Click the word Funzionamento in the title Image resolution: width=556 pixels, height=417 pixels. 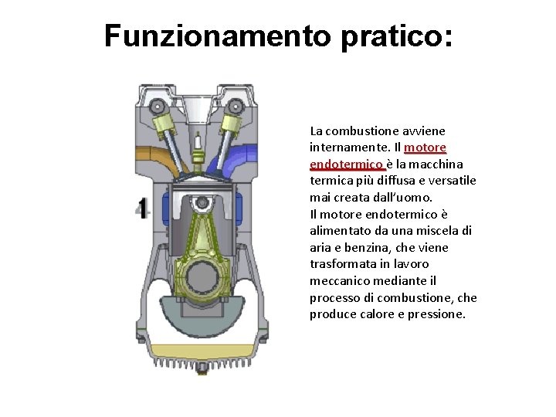(217, 36)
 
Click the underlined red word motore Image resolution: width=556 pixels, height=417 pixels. (425, 147)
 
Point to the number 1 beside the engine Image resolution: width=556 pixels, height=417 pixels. (143, 208)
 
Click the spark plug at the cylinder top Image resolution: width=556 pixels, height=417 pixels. (198, 151)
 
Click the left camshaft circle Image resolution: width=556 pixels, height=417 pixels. (156, 106)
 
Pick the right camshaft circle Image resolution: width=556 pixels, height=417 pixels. (235, 106)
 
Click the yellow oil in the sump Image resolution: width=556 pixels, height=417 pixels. (203, 352)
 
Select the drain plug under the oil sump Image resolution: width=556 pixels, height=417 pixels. (202, 368)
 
